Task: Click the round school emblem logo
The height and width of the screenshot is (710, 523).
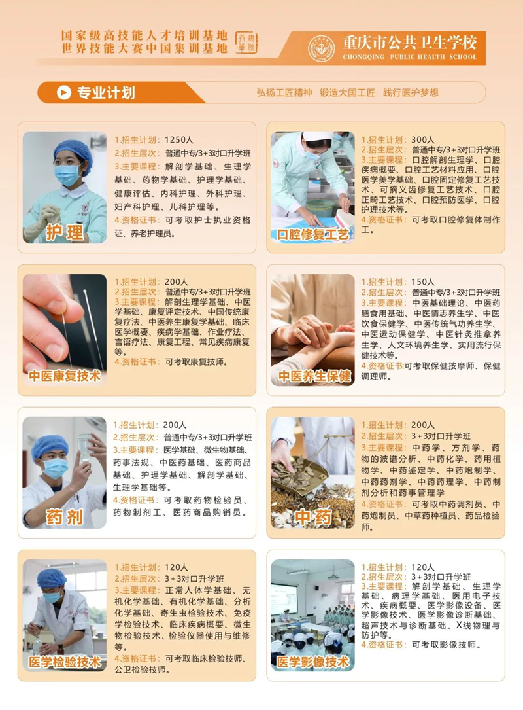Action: pyautogui.click(x=321, y=48)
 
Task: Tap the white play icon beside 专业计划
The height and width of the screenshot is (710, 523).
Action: pyautogui.click(x=64, y=92)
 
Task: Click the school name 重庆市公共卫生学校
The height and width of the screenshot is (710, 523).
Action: pyautogui.click(x=410, y=43)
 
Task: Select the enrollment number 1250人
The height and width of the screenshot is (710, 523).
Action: pyautogui.click(x=179, y=140)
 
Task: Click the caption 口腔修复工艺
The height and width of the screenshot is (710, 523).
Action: pyautogui.click(x=313, y=234)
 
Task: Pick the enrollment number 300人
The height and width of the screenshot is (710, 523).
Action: pyautogui.click(x=422, y=140)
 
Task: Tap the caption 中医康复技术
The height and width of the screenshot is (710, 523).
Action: pyautogui.click(x=65, y=376)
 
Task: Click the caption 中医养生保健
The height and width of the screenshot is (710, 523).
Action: pyautogui.click(x=314, y=376)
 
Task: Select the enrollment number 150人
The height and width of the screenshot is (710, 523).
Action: pyautogui.click(x=422, y=281)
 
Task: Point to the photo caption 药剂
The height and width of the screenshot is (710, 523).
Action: pyautogui.click(x=65, y=517)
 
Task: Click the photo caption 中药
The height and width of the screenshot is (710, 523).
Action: pyautogui.click(x=313, y=517)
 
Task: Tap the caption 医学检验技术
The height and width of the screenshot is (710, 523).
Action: pyautogui.click(x=65, y=662)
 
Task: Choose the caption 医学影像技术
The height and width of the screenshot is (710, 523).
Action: pyautogui.click(x=313, y=662)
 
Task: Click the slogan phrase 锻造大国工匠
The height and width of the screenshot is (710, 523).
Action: pyautogui.click(x=347, y=93)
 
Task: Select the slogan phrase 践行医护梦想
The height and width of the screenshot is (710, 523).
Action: pyautogui.click(x=411, y=93)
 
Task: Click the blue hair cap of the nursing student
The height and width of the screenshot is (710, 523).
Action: pyautogui.click(x=73, y=153)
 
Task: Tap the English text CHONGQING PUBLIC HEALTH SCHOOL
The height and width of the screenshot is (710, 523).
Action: pyautogui.click(x=410, y=57)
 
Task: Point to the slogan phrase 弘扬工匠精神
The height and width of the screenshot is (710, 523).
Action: pyautogui.click(x=284, y=93)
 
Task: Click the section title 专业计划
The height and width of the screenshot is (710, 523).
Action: pyautogui.click(x=107, y=92)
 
